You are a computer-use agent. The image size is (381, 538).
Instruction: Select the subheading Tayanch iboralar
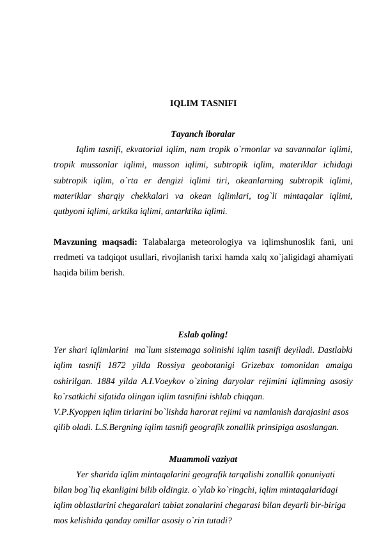[203, 134]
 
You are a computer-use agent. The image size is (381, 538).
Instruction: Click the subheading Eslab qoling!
[203, 334]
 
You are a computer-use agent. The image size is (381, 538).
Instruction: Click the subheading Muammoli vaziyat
[203, 458]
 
